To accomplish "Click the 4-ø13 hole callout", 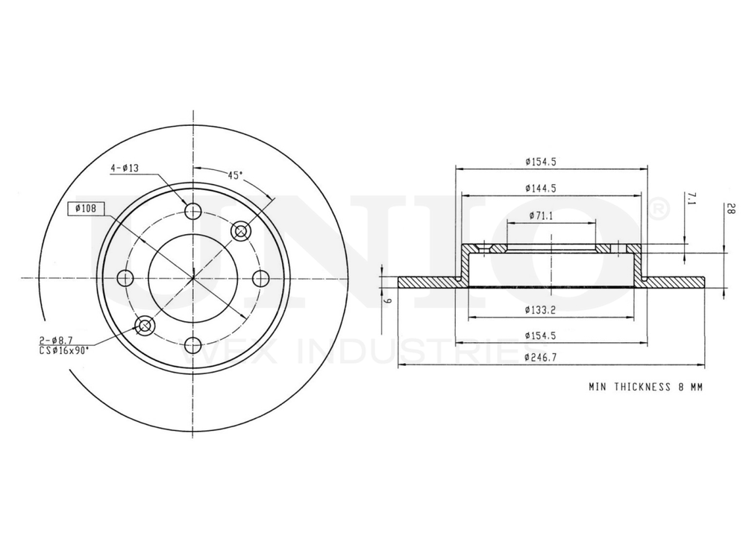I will pos(125,169).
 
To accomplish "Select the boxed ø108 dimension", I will pos(89,208).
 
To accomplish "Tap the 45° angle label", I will pos(235,175).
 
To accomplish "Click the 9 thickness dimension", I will pos(388,300).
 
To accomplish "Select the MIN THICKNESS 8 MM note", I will pos(645,388).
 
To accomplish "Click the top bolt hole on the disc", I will pos(193,211).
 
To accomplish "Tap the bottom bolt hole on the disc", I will pos(193,345).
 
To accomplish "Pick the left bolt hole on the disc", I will pos(126,279).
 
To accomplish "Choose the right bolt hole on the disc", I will pos(260,279).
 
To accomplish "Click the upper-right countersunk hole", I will pos(241,231).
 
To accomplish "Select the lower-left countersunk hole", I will pos(145,325).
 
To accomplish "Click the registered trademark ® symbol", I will pos(659,212).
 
